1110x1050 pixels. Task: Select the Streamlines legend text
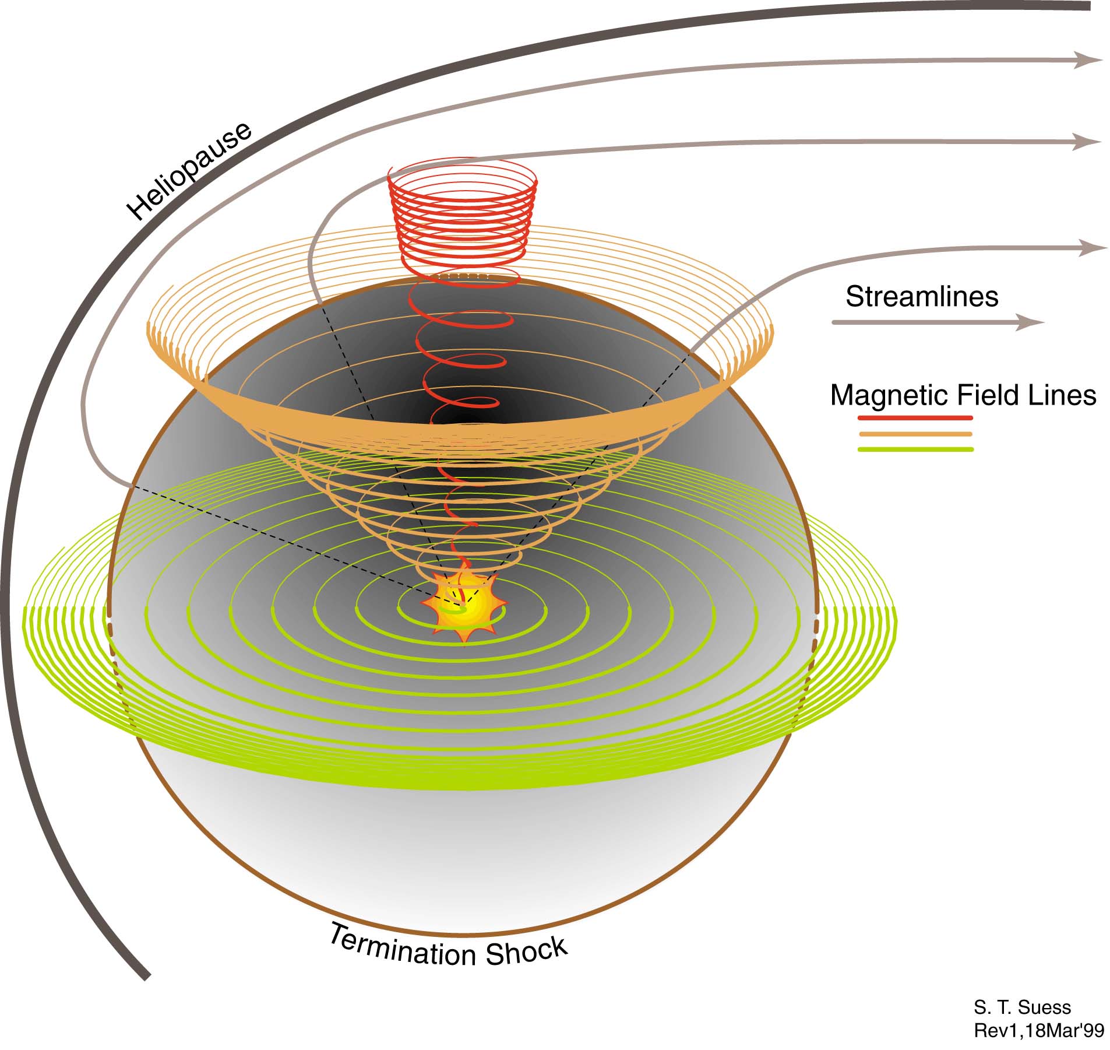coord(922,297)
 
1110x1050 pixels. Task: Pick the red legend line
coord(915,417)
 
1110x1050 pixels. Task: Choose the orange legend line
coord(915,434)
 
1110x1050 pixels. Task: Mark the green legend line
coord(915,450)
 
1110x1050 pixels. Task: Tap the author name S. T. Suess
coord(1022,1007)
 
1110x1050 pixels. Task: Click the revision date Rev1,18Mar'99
coord(1039,1030)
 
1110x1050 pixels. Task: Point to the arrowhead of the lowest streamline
coord(1092,248)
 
